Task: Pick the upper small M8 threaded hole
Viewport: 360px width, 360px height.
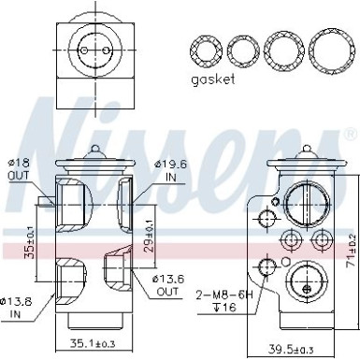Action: (268, 220)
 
